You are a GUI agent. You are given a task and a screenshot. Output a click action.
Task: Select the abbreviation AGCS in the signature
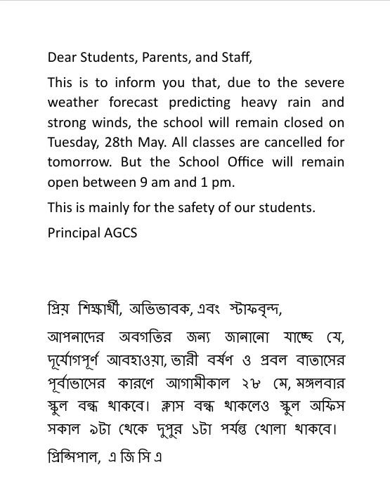(121, 232)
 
